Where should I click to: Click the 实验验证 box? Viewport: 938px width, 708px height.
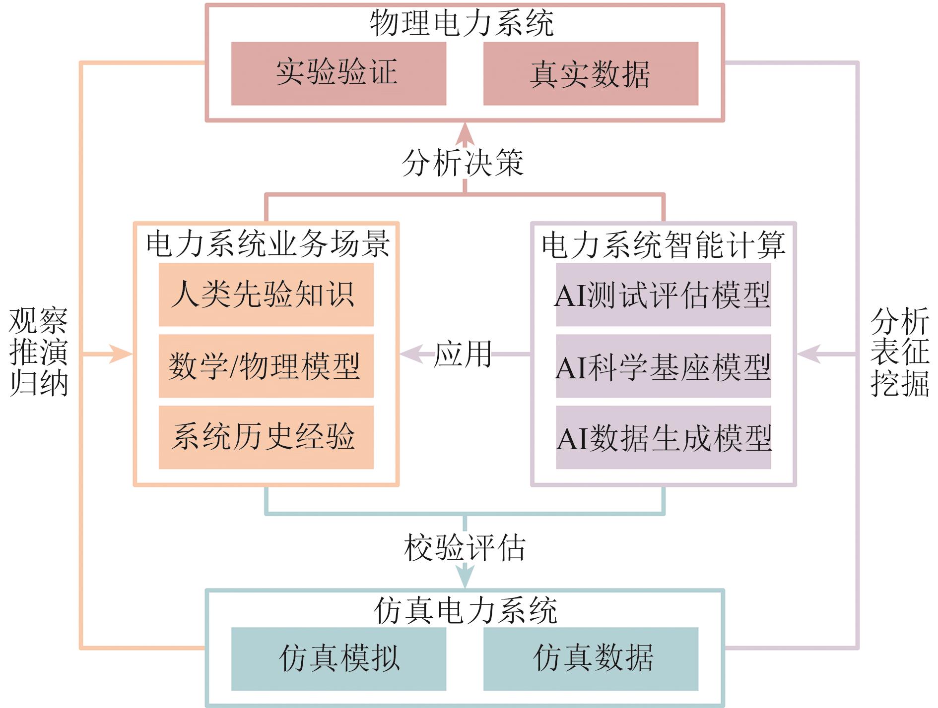click(338, 73)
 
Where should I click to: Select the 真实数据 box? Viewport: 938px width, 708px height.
click(591, 73)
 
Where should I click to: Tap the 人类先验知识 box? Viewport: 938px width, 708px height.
click(266, 295)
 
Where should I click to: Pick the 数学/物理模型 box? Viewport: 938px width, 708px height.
click(266, 366)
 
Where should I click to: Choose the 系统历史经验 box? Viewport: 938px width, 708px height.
click(266, 437)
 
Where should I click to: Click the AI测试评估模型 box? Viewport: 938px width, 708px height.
click(663, 295)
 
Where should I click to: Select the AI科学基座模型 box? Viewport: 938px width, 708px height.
click(663, 366)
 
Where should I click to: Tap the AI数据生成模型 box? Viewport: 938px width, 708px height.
click(663, 437)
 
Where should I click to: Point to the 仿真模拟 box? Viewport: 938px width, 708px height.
click(338, 659)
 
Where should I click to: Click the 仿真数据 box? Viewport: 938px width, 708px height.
click(591, 659)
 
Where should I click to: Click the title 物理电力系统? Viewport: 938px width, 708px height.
click(462, 23)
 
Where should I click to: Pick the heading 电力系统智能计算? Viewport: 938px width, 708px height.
click(663, 243)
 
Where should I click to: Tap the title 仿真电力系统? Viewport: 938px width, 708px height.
click(465, 610)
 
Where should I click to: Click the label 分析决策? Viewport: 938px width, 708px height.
click(463, 163)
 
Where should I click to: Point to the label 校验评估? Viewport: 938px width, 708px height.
click(465, 548)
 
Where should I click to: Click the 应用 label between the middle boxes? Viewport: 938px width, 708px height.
click(463, 354)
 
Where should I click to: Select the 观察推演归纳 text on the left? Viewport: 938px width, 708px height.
click(38, 352)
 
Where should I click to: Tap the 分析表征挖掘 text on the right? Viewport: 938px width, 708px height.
click(899, 352)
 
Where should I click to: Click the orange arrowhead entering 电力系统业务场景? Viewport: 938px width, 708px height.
click(121, 354)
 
